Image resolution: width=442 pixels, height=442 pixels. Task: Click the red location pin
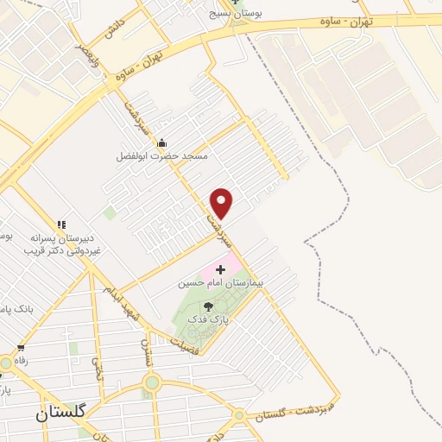point(223,202)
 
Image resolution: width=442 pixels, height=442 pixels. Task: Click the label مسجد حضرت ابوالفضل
point(163,157)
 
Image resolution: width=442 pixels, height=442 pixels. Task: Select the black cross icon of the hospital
point(219,270)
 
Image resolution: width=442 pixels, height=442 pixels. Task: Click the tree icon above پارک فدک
point(208,306)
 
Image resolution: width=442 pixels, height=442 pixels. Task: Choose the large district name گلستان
point(61,414)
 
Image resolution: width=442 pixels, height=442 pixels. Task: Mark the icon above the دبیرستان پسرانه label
point(62,224)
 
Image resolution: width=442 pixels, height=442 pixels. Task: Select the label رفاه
point(19,361)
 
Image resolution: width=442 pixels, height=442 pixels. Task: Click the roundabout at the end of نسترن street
point(153,382)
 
